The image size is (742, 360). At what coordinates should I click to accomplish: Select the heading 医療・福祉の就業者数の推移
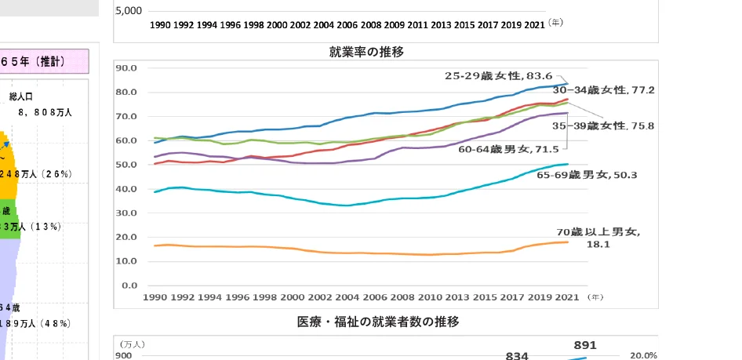[377, 322]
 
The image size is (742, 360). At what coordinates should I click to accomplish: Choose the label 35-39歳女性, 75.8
[614, 125]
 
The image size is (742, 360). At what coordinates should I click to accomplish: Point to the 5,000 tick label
[129, 12]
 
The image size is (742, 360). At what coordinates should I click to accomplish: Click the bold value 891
[585, 345]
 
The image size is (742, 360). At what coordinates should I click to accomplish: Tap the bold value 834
[517, 355]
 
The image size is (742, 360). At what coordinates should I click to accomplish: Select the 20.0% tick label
[643, 355]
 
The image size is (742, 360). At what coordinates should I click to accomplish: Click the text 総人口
[21, 96]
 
